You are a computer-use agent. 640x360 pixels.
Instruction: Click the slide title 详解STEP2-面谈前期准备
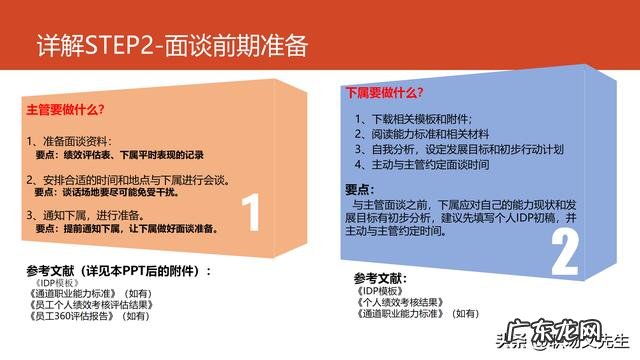(171, 46)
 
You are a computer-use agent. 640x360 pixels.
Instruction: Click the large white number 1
(252, 213)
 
